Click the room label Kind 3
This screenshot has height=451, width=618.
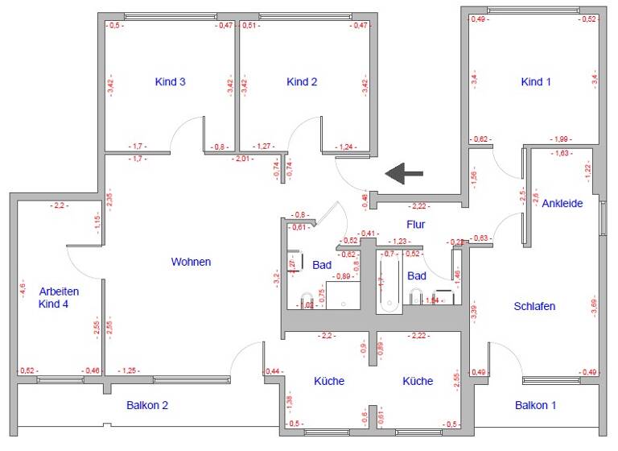171,81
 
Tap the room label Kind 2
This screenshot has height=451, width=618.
303,81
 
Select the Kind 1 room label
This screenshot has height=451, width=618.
537,81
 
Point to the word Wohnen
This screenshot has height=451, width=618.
192,262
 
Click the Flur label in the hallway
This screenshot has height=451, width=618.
415,225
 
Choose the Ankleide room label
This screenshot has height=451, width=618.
562,203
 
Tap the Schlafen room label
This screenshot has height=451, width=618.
534,306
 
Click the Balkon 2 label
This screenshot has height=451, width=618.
147,405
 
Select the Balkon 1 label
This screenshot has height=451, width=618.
536,405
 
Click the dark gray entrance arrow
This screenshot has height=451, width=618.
404,172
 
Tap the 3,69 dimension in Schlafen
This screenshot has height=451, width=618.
595,306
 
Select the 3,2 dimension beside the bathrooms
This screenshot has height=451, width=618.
276,280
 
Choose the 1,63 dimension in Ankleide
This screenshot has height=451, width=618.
560,152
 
